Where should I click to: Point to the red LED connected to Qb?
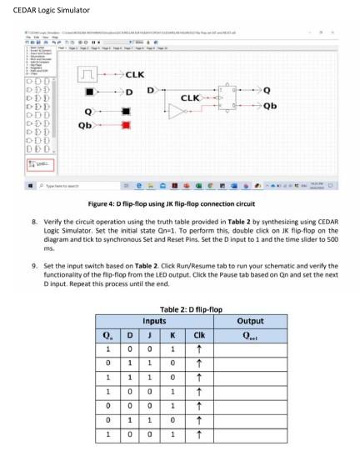[x=126, y=125]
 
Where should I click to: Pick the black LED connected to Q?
[x=126, y=110]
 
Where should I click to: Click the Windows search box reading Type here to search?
[x=75, y=186]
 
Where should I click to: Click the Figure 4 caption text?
[x=179, y=204]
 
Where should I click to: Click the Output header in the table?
[x=250, y=319]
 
